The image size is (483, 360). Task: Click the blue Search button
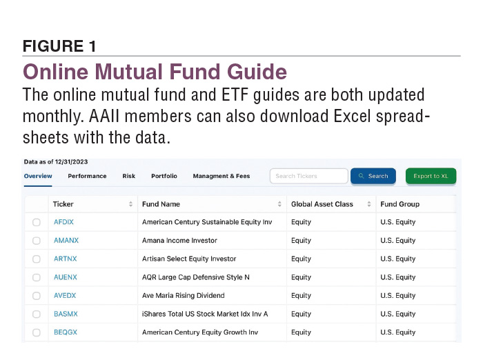[373, 176]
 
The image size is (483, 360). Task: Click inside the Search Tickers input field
[308, 176]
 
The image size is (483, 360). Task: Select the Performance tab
[87, 176]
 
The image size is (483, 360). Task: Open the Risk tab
[129, 176]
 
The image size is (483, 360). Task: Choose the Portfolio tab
[164, 176]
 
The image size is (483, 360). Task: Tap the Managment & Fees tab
[221, 176]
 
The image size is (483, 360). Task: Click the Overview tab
[38, 176]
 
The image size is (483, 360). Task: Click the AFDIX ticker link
[63, 222]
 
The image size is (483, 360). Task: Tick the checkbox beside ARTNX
[37, 259]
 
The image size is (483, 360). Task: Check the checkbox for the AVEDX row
[37, 296]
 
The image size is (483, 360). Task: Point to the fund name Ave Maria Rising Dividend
[183, 296]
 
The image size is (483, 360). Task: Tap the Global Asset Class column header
[322, 204]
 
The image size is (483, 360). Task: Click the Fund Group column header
[400, 204]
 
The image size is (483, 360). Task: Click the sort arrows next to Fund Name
[279, 204]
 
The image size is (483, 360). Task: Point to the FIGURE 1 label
[59, 46]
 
